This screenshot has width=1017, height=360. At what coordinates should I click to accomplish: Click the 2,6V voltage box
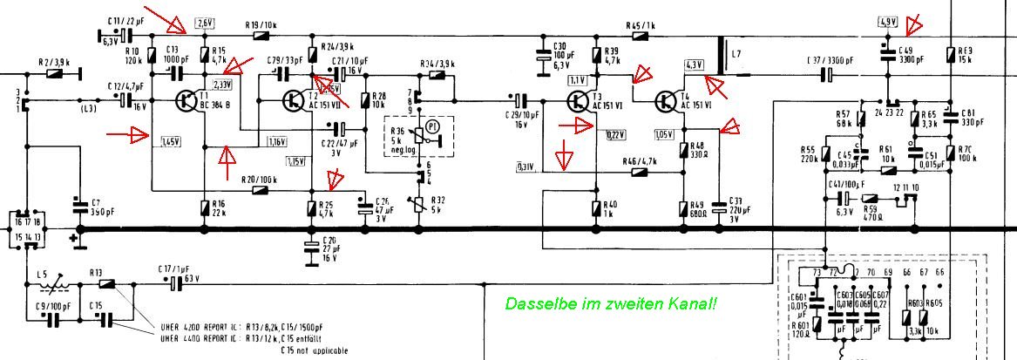point(206,23)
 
